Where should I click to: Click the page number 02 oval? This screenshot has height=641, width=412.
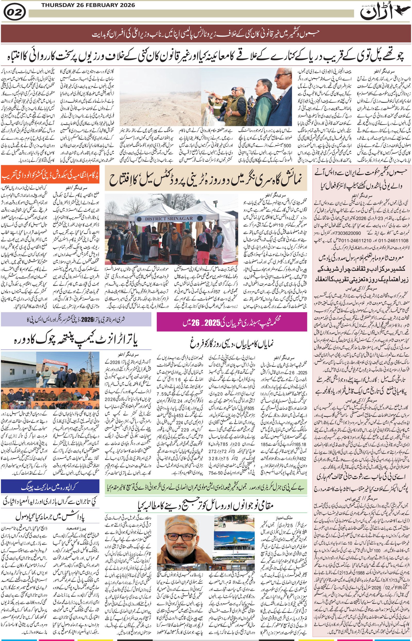click(x=15, y=12)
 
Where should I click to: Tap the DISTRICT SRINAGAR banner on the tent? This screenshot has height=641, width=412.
click(x=169, y=218)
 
